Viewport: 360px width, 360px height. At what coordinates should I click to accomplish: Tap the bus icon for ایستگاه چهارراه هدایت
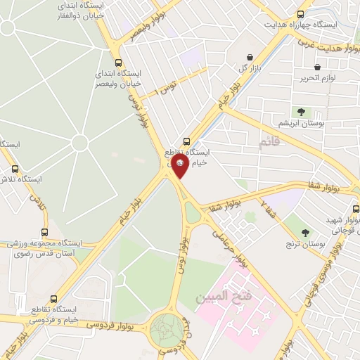(x=301, y=13)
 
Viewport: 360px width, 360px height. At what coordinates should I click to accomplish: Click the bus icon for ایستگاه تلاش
(x=15, y=169)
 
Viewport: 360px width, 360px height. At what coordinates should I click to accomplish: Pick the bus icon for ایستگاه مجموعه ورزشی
(x=45, y=232)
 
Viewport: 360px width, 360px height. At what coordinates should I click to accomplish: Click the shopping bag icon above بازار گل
(x=250, y=58)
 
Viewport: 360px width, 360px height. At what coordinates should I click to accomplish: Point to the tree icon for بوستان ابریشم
(x=301, y=111)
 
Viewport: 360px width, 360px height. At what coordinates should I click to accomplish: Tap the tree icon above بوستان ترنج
(x=305, y=232)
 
